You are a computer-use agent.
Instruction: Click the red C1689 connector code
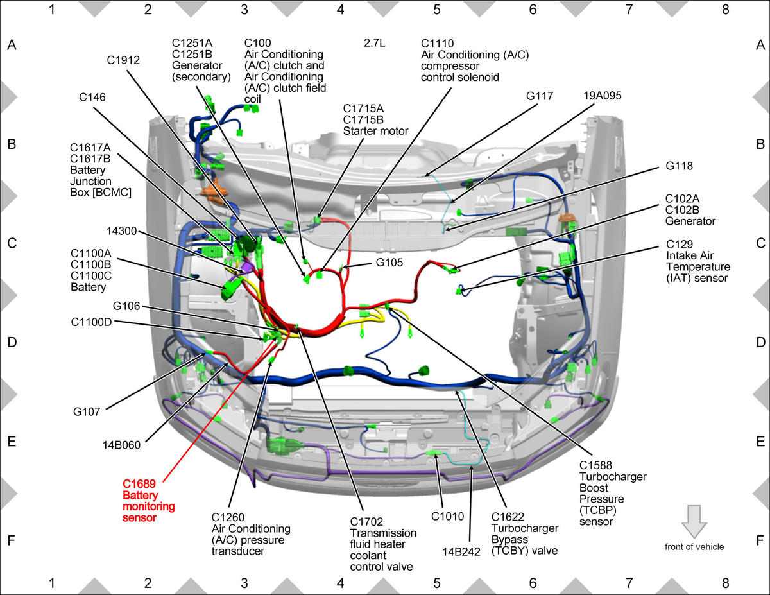139,484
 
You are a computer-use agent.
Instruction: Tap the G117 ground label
539,96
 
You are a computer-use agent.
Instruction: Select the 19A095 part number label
603,96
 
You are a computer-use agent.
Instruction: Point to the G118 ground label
679,166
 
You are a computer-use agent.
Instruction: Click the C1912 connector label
123,60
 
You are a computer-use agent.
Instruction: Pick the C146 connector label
92,97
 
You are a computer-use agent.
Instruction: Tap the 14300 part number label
121,231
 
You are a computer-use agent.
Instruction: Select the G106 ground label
126,306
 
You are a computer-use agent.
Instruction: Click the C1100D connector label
91,322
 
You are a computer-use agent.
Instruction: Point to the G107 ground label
87,412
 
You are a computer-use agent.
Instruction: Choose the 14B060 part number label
121,445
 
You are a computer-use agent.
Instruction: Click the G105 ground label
389,263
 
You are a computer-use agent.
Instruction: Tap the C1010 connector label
447,517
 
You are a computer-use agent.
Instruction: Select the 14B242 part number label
461,552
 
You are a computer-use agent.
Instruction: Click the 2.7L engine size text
375,43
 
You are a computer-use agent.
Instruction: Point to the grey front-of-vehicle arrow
694,522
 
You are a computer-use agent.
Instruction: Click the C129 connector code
680,245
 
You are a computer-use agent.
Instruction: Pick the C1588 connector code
595,465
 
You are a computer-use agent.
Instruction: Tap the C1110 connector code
437,44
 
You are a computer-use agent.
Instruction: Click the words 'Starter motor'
375,131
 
